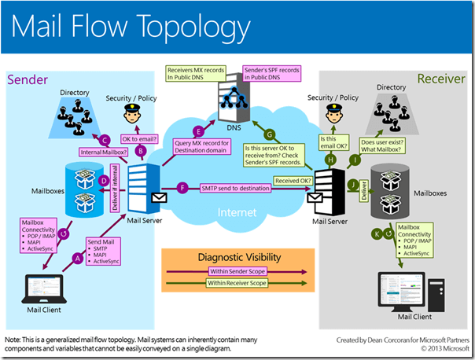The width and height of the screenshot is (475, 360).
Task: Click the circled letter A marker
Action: tap(77, 256)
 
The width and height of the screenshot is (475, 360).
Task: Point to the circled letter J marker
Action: tap(352, 186)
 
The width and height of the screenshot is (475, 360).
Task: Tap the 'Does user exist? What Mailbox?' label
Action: tap(387, 147)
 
